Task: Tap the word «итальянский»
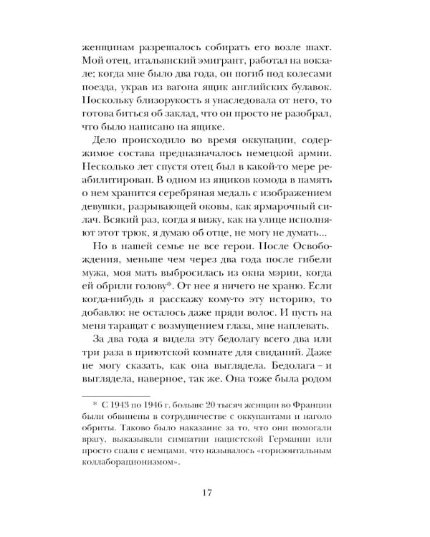pos(163,58)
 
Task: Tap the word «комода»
pos(268,184)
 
